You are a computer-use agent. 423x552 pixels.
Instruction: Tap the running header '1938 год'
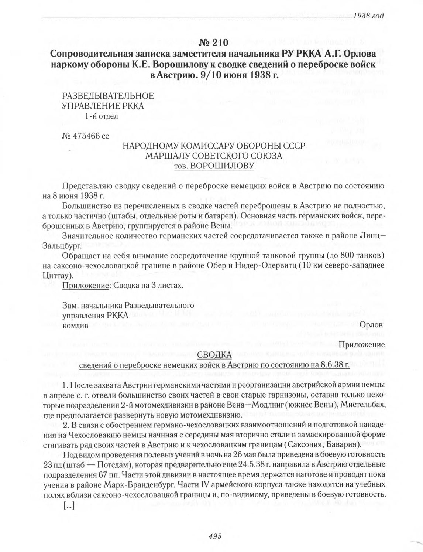point(369,16)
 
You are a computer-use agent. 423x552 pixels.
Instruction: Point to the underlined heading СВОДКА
point(214,355)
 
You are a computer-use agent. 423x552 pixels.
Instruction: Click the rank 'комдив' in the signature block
point(76,326)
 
